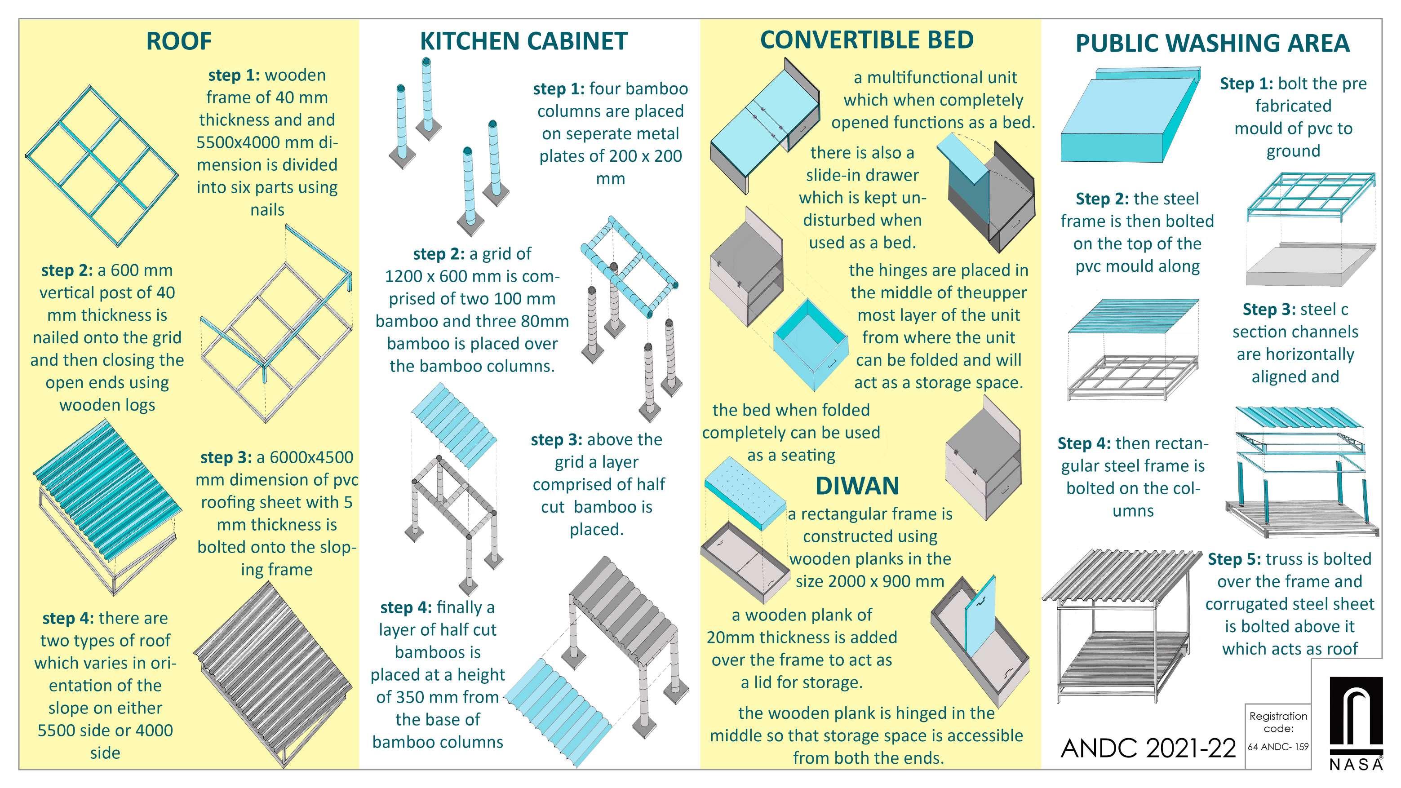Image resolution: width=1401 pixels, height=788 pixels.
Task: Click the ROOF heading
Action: point(179,41)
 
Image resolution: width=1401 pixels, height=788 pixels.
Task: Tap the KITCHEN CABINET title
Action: point(524,41)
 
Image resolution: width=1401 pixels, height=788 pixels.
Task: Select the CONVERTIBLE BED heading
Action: point(866,40)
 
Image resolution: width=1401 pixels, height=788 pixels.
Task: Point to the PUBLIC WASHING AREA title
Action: point(1212,43)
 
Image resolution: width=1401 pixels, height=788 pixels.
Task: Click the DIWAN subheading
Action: point(857,486)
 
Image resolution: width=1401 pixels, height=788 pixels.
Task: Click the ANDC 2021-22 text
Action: point(1148,748)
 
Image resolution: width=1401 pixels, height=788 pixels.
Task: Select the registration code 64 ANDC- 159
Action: point(1278,747)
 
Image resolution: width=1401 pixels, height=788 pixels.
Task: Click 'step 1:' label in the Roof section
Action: point(234,75)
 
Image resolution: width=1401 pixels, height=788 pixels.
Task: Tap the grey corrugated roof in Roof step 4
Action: point(272,674)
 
